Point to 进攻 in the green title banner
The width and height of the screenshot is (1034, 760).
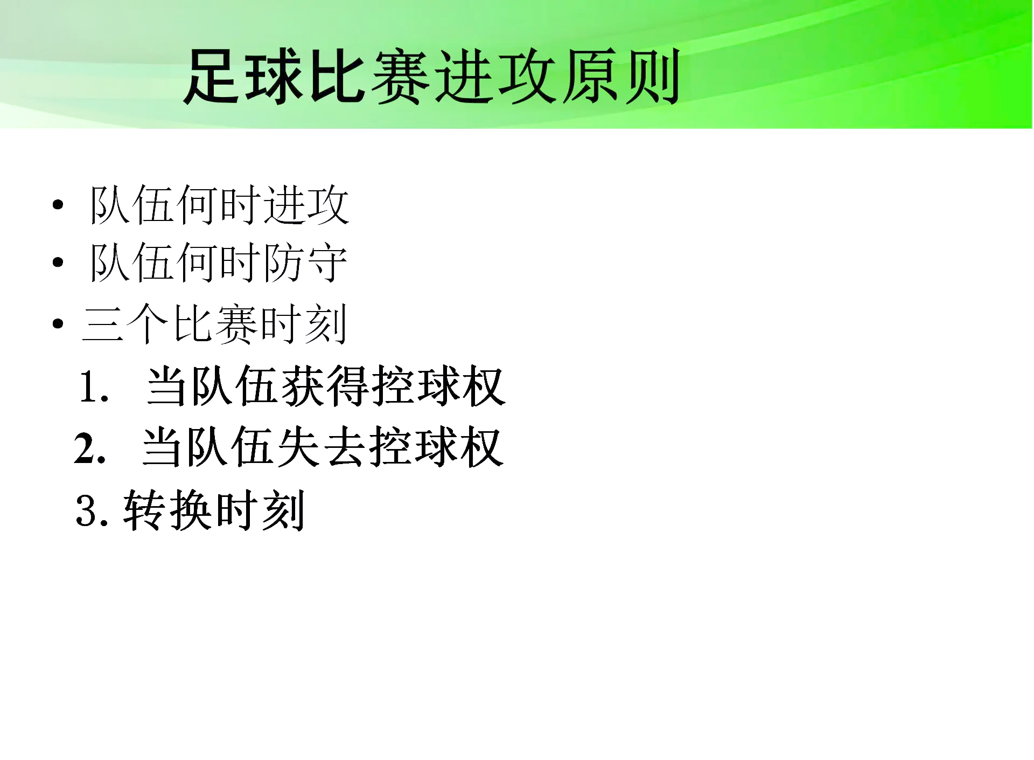click(494, 77)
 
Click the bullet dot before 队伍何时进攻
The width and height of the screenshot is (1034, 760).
click(58, 205)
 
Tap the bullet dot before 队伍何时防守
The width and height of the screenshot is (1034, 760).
click(58, 262)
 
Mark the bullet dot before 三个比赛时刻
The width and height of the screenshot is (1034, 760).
click(58, 324)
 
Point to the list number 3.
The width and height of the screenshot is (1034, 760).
click(88, 510)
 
